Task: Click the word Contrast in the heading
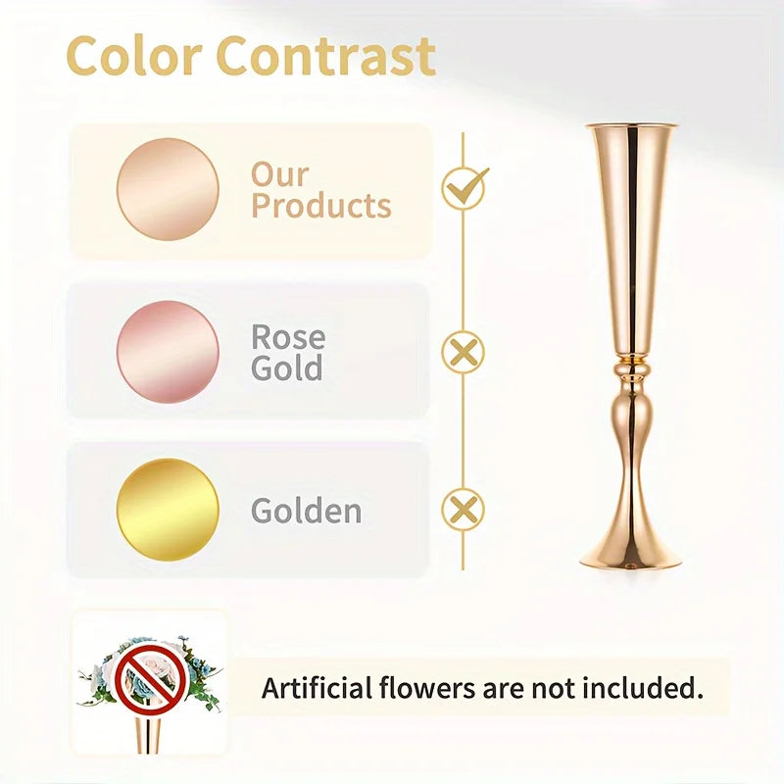(x=325, y=57)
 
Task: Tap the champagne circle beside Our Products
(x=168, y=189)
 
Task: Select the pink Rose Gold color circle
(x=168, y=352)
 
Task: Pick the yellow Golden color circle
(x=168, y=510)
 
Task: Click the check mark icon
(x=464, y=187)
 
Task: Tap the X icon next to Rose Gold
(x=463, y=352)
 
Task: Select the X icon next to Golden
(x=463, y=510)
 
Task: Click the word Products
(x=320, y=207)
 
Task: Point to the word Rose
(x=287, y=337)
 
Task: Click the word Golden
(x=306, y=511)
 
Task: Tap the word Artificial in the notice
(x=316, y=688)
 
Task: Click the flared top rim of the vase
(x=631, y=127)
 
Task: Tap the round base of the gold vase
(x=631, y=559)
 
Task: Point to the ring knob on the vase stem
(x=631, y=375)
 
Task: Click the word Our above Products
(x=279, y=174)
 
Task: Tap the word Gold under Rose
(x=286, y=368)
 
